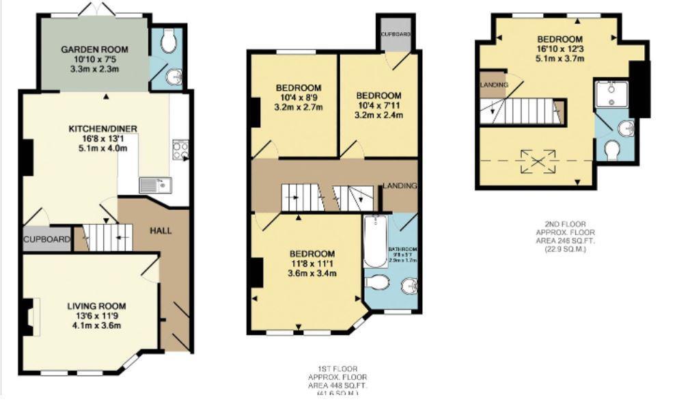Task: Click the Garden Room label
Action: pyautogui.click(x=95, y=59)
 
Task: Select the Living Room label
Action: pyautogui.click(x=96, y=315)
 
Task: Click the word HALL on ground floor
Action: pyautogui.click(x=161, y=230)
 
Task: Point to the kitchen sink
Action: pyautogui.click(x=149, y=185)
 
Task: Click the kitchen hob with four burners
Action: pyautogui.click(x=180, y=150)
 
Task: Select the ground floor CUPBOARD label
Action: pyautogui.click(x=47, y=239)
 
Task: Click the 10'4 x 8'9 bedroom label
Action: pyautogui.click(x=298, y=97)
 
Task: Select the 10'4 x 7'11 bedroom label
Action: pyautogui.click(x=378, y=105)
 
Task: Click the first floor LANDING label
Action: pyautogui.click(x=400, y=186)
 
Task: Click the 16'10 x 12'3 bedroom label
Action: pyautogui.click(x=559, y=49)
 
